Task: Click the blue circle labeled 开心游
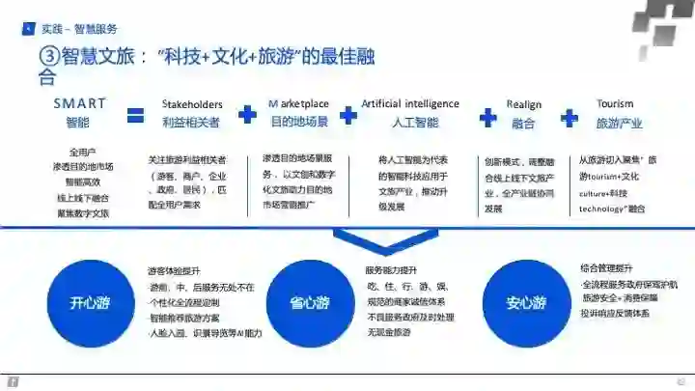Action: coord(89,302)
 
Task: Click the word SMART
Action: coord(79,103)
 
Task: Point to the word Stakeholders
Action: coord(192,104)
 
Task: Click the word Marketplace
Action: coord(298,104)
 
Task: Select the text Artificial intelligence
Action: coord(410,103)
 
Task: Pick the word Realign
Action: coord(523,104)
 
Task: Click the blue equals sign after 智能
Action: coord(135,116)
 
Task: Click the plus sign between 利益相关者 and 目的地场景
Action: coord(248,115)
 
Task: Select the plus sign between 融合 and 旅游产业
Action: coord(570,117)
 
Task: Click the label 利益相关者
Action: coord(191,123)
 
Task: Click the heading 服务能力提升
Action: coord(391,269)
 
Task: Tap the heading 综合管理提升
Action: coord(606,267)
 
